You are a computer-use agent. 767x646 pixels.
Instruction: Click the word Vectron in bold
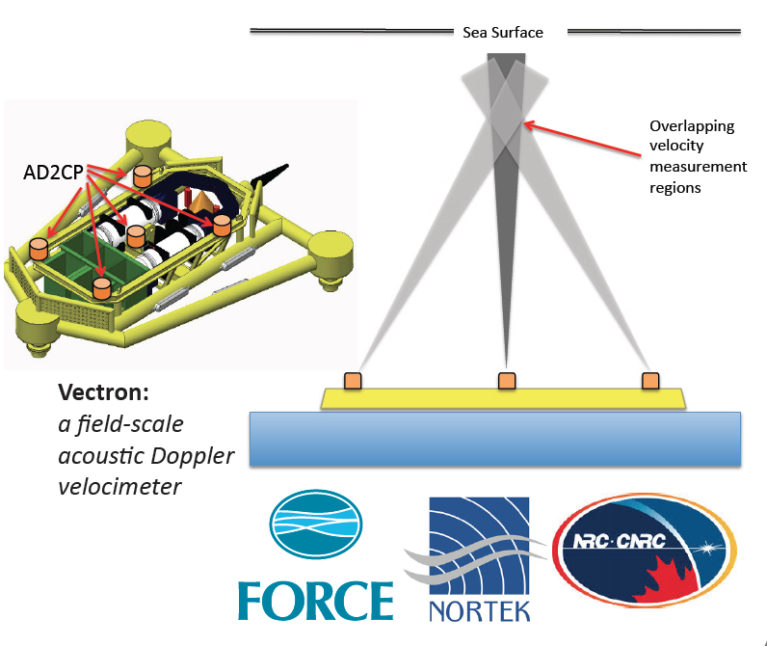tap(100, 394)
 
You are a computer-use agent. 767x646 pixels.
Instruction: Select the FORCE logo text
tap(315, 599)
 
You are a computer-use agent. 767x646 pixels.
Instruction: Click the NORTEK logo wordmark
tap(479, 610)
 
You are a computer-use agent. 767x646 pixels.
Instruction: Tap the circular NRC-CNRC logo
tap(645, 559)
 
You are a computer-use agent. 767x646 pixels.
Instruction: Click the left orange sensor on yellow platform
tap(354, 381)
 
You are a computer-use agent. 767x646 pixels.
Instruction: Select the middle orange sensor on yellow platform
tap(506, 381)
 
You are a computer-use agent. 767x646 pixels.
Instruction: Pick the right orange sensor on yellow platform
tap(650, 381)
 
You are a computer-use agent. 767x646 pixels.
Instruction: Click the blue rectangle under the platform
tap(495, 439)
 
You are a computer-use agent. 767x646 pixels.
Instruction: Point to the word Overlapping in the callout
tap(692, 126)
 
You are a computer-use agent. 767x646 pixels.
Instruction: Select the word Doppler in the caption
tap(193, 455)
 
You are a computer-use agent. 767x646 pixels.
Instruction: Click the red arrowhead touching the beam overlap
tap(527, 122)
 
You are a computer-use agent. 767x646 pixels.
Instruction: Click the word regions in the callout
tap(675, 187)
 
